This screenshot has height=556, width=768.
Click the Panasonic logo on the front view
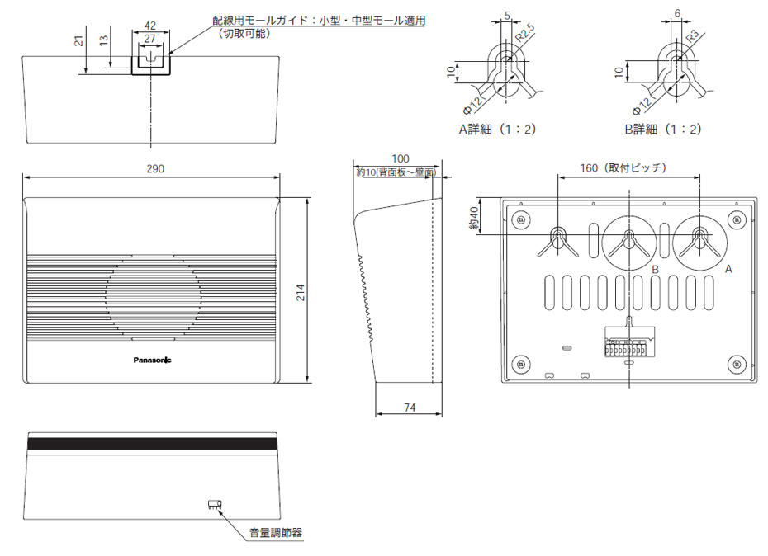tap(153, 359)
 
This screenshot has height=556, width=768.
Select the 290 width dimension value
tap(154, 168)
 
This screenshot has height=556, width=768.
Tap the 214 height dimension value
tap(301, 292)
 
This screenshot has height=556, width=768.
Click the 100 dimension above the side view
tap(400, 158)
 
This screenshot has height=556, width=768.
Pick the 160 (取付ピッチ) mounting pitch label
tap(623, 167)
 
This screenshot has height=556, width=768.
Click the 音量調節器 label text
tap(276, 533)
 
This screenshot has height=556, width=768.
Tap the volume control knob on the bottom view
tap(215, 503)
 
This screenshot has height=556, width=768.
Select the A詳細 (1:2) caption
tap(498, 129)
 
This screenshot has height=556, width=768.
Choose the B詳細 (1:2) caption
tap(663, 129)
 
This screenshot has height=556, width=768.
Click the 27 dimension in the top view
tap(149, 38)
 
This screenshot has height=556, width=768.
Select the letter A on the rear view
tap(728, 269)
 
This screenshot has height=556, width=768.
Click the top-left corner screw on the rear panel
tap(520, 220)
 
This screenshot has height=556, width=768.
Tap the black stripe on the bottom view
tap(153, 443)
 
